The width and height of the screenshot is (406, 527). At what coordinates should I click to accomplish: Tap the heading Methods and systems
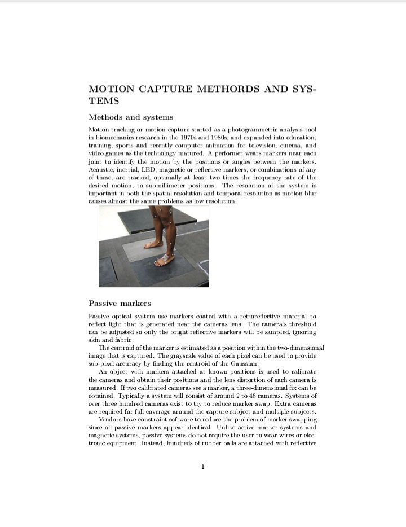coord(131,117)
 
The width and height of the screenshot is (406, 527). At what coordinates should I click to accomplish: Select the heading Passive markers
coord(120,303)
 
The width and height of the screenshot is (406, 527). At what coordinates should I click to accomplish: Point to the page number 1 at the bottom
coord(203,467)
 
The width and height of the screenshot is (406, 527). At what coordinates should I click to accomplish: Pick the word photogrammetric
coord(251,130)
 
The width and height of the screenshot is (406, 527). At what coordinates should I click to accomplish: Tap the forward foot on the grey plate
coord(165,260)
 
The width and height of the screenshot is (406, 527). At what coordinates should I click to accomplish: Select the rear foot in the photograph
coord(153,244)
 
